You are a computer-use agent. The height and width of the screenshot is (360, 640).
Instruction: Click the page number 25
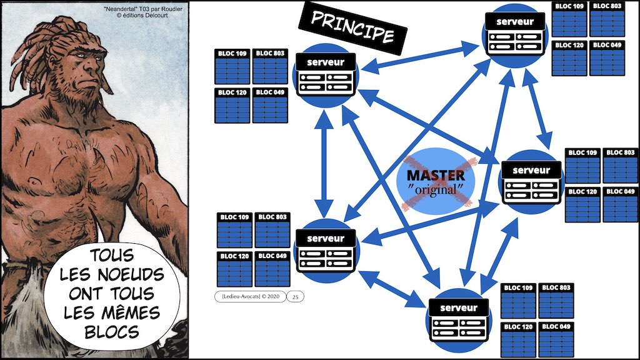click(295, 297)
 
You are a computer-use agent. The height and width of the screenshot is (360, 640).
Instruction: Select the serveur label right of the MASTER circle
click(531, 169)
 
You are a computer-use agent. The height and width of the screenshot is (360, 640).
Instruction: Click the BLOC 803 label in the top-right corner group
click(606, 6)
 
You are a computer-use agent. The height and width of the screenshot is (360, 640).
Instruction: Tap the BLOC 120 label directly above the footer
click(234, 256)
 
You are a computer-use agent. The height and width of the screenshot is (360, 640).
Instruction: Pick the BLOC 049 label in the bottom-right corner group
click(556, 326)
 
